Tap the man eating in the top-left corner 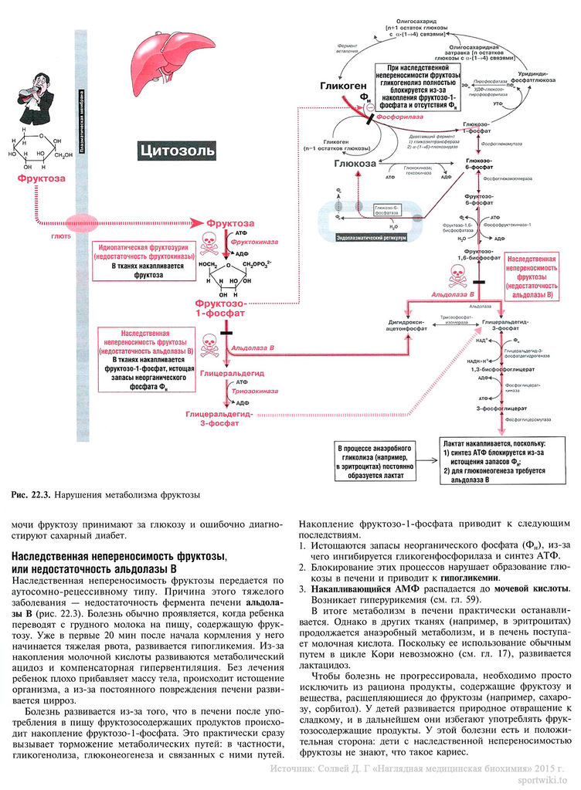point(34,97)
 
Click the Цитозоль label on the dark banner point(177,149)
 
